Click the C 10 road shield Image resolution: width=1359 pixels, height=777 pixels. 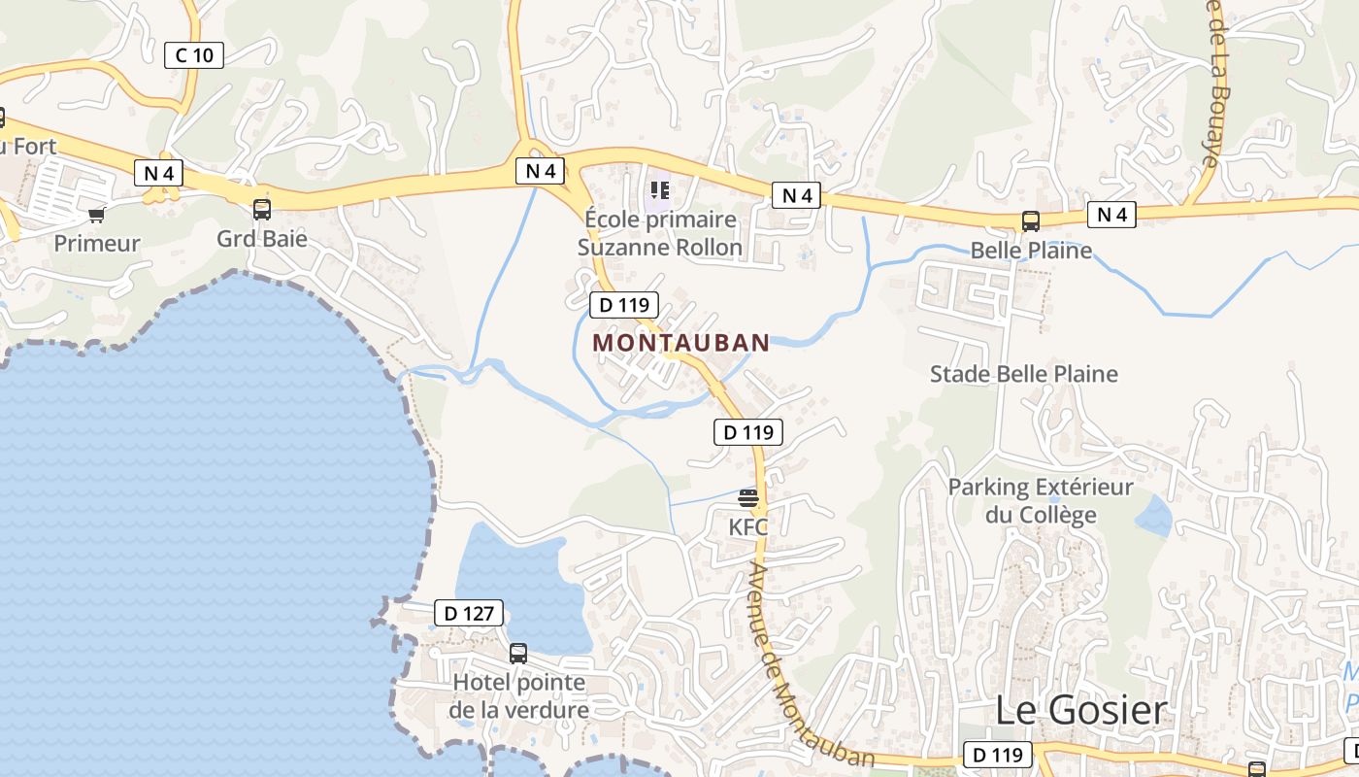point(194,55)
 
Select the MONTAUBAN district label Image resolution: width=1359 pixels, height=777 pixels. point(680,343)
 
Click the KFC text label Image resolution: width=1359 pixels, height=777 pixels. point(748,527)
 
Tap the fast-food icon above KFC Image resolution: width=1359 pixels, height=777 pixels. point(748,499)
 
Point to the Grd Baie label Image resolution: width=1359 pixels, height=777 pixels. point(261,238)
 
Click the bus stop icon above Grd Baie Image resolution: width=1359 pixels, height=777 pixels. point(261,210)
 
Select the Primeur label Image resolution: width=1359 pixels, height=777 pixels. point(97,243)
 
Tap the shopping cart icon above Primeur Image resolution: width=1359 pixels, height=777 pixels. point(96,215)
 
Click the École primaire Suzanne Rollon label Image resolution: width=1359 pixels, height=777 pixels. point(660,233)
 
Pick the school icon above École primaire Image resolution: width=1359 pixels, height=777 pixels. point(660,190)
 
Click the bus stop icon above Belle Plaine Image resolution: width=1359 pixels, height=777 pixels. point(1031,222)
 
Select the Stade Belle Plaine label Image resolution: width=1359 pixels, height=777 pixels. point(1023,374)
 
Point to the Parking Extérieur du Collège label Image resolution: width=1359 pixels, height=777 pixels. point(1041,500)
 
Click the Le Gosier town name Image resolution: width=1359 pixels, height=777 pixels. point(1080,710)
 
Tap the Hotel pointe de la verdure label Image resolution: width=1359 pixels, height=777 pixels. point(518,695)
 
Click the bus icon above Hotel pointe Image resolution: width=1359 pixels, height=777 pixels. point(518,654)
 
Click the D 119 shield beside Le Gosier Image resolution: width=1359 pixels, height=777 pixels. point(997,755)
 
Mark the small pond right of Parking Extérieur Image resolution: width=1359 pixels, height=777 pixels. point(1153,517)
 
